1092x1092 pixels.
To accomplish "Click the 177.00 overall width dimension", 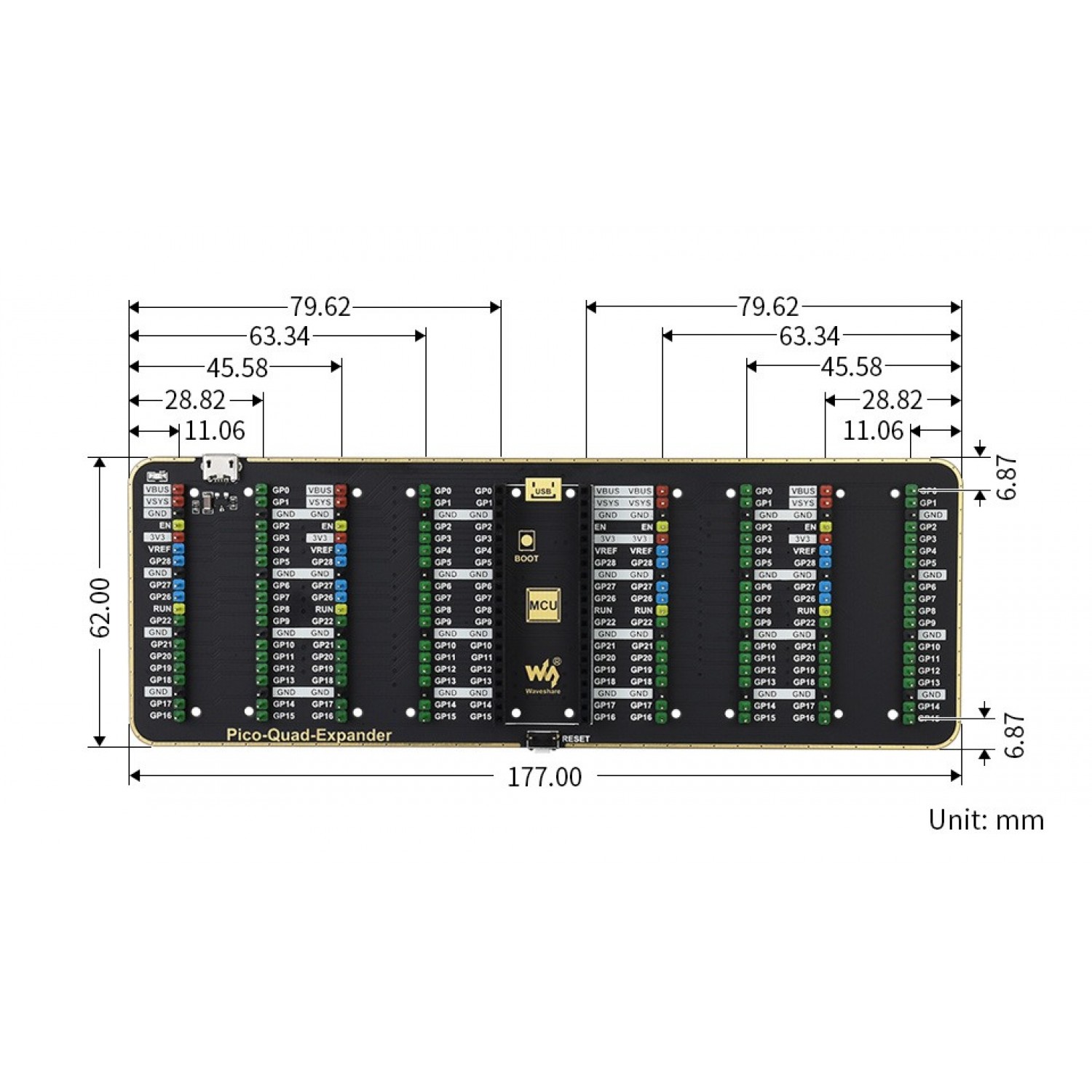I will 545,777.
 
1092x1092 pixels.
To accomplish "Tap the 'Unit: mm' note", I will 986,820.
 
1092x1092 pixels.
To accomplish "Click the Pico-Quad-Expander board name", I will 309,735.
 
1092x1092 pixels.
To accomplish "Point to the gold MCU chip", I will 543,605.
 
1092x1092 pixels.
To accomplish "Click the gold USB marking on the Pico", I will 543,490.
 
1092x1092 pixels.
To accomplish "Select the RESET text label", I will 576,739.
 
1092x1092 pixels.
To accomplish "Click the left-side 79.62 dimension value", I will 320,307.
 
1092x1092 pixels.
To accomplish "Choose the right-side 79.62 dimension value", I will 769,307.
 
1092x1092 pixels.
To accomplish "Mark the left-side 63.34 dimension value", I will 280,336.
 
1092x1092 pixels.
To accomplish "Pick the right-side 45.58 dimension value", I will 851,367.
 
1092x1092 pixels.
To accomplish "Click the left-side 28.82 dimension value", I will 195,400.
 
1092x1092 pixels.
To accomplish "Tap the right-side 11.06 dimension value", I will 873,431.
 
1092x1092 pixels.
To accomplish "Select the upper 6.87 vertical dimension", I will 1005,478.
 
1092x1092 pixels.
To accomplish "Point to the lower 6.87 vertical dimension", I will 1013,736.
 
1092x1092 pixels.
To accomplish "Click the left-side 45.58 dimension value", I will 237,368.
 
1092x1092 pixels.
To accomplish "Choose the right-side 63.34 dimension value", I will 809,336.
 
